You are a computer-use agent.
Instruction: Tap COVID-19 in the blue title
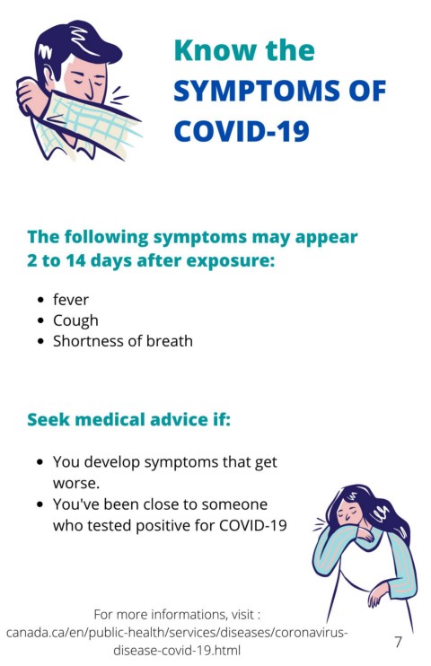242,131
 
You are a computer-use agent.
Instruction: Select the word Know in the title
215,50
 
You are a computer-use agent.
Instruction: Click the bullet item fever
71,300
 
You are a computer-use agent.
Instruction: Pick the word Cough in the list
75,320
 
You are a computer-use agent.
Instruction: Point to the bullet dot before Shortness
40,341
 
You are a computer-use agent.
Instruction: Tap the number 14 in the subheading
75,260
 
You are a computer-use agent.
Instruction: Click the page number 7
398,642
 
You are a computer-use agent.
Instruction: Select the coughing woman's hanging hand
375,593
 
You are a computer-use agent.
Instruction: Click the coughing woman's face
347,511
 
